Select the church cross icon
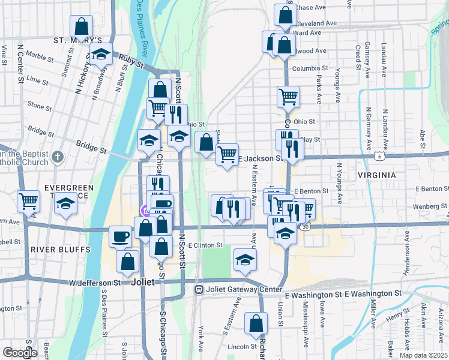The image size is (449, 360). click(57, 158)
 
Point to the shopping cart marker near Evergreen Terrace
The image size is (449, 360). click(28, 202)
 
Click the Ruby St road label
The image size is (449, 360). click(131, 61)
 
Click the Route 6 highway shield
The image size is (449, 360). click(379, 156)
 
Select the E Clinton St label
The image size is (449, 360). click(205, 245)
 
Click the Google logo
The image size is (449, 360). click(20, 353)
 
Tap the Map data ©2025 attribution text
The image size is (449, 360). click(423, 355)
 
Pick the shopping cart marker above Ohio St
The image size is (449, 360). click(289, 96)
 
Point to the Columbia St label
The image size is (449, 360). click(310, 69)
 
